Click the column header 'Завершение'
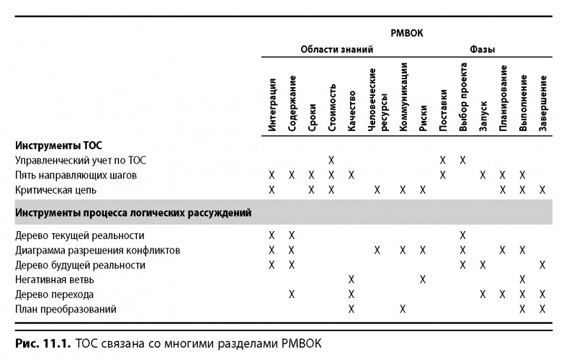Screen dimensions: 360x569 tap(542, 102)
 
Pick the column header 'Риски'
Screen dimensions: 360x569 tap(423, 118)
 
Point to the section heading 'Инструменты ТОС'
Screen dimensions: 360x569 tap(53, 145)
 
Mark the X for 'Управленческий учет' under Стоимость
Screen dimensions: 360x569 tap(332, 160)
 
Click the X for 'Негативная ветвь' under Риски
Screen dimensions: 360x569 tap(423, 279)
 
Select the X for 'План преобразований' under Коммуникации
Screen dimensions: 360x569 tap(403, 309)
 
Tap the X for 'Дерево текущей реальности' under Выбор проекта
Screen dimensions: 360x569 tap(463, 235)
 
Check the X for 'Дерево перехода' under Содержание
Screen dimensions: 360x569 tap(292, 294)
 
